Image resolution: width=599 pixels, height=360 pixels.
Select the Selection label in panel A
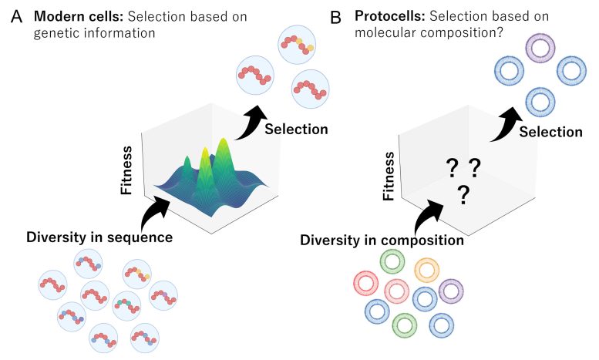coord(296,129)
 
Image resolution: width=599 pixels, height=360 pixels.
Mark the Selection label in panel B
coord(550,132)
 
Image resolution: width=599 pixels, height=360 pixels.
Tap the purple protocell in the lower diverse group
coord(451,291)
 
